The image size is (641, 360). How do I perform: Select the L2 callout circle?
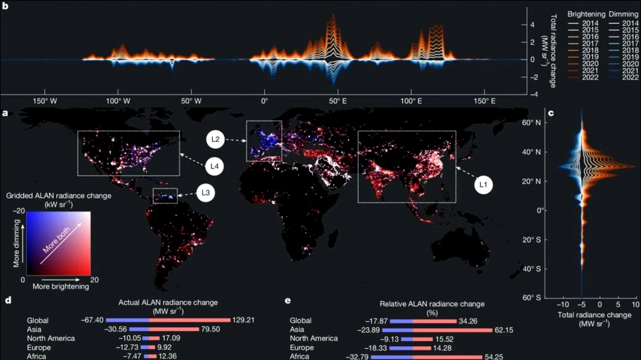tap(215, 139)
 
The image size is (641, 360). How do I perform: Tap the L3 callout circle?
tap(205, 194)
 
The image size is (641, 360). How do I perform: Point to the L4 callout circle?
tap(215, 165)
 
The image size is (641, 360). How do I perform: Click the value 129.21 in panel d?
tap(244, 320)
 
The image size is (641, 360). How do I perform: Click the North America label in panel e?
tap(315, 338)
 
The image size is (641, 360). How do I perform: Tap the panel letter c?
tap(550, 113)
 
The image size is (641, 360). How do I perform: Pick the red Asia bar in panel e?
tap(453, 329)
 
